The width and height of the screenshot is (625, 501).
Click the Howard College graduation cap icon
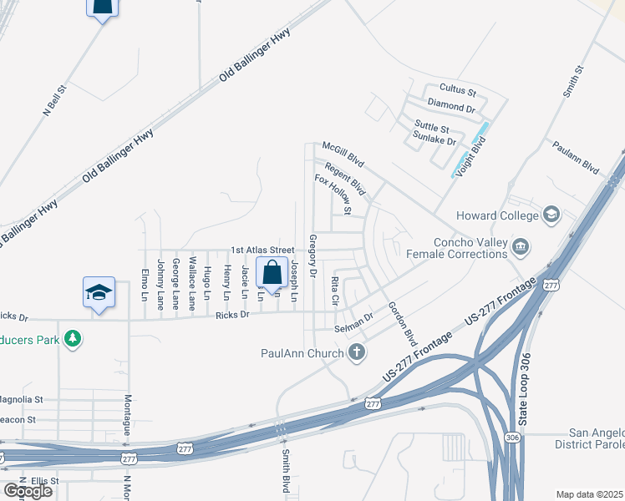point(551,215)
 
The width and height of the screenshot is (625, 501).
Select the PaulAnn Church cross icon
point(357,352)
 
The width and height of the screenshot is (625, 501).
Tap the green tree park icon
point(74,337)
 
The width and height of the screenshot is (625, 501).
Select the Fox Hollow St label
point(333,192)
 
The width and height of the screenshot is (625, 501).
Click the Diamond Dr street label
point(451,109)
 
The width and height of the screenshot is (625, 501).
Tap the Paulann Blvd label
point(577,156)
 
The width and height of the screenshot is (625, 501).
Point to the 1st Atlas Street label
point(262,250)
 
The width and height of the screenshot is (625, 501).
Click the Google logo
point(28,491)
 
